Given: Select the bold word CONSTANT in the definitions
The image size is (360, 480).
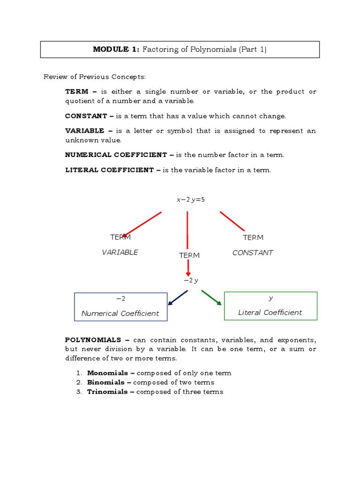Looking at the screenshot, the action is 86,116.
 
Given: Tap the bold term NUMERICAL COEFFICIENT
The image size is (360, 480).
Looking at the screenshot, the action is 116,155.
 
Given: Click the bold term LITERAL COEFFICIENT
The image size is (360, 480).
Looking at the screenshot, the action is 109,170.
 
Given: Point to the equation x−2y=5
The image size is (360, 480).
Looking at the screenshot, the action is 190,200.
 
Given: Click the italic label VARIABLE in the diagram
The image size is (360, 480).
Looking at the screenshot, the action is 120,252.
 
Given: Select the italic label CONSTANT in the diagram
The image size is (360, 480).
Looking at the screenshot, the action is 253,253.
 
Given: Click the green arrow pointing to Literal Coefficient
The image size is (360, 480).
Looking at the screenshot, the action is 212,298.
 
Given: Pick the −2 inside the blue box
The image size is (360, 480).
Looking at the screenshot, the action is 120,299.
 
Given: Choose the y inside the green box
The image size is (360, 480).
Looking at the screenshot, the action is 270,298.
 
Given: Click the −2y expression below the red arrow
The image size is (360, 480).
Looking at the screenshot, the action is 191,280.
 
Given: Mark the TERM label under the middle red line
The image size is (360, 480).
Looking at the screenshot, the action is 189,255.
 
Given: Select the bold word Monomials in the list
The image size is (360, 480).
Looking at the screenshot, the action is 107,373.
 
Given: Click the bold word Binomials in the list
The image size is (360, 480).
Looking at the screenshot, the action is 106,382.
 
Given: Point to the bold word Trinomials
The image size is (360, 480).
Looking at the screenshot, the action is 107,392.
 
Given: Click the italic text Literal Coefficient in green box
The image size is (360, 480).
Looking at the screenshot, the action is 270,313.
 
